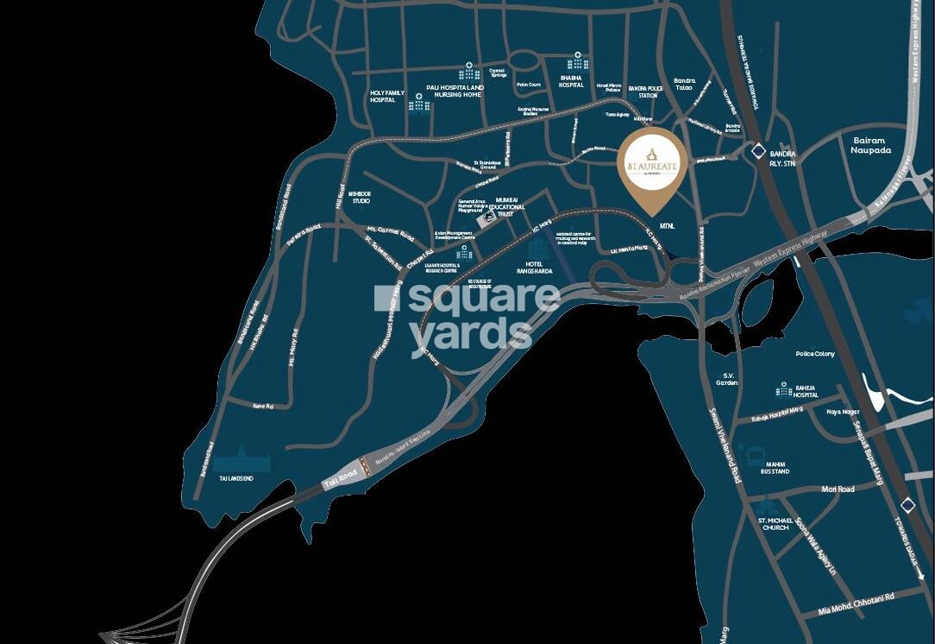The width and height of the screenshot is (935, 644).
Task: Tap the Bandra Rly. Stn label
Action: click(x=782, y=159)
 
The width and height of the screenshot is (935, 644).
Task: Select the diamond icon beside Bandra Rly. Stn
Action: click(x=756, y=152)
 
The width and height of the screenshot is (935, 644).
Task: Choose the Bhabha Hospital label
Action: click(x=571, y=81)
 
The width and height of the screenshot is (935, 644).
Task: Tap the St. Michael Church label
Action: click(x=774, y=524)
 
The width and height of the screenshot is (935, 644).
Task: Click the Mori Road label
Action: click(x=838, y=489)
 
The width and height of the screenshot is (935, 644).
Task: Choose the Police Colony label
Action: click(x=815, y=354)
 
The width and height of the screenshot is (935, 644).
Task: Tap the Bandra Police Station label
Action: click(x=649, y=92)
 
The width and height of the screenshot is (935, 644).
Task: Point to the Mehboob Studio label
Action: click(x=359, y=198)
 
